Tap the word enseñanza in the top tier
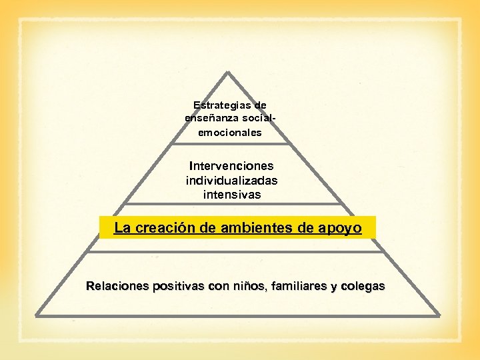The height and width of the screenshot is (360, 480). pyautogui.click(x=207, y=118)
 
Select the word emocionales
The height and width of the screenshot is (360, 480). pyautogui.click(x=230, y=133)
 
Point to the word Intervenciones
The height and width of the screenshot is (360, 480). pyautogui.click(x=231, y=165)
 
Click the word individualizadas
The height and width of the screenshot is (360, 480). pyautogui.click(x=231, y=180)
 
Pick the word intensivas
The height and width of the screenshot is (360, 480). pyautogui.click(x=231, y=195)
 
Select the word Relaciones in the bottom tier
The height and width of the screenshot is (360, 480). pyautogui.click(x=117, y=287)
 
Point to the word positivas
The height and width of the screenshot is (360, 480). pyautogui.click(x=179, y=287)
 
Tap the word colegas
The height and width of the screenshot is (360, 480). pyautogui.click(x=362, y=287)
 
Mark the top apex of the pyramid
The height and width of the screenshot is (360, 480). pyautogui.click(x=229, y=72)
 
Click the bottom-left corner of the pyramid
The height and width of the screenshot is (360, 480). pyautogui.click(x=36, y=314)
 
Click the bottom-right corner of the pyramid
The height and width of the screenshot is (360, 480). pyautogui.click(x=439, y=314)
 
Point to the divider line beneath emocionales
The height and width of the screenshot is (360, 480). pyautogui.click(x=230, y=143)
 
